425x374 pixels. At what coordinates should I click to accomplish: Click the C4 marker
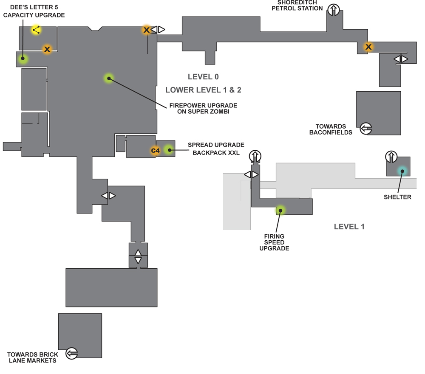tap(155, 151)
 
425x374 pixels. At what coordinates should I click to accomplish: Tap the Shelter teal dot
tap(402, 171)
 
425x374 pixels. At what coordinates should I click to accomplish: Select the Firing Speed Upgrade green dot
tap(280, 211)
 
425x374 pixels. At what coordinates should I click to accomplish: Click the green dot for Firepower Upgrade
tap(109, 78)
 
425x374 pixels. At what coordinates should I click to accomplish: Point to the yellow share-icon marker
tap(36, 30)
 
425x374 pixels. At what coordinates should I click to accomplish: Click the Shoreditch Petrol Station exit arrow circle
tap(333, 10)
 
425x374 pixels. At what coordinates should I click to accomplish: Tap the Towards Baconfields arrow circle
tap(366, 128)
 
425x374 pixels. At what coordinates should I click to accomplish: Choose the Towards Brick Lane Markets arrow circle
tap(71, 353)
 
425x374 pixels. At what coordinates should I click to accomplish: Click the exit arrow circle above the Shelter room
tap(391, 157)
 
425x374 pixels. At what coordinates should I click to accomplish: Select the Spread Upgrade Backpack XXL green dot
tap(169, 149)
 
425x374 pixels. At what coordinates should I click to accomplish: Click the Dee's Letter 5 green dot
tap(23, 58)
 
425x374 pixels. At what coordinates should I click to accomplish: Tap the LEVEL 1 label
tap(349, 227)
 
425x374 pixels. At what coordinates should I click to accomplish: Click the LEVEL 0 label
tap(203, 77)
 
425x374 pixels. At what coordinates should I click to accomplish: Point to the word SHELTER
tap(397, 197)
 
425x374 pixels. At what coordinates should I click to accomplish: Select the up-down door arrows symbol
tap(138, 256)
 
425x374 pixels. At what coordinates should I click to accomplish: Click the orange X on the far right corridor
tap(368, 47)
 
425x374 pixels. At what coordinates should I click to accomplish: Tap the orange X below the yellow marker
tap(47, 49)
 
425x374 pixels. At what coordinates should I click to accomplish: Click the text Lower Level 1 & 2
tap(203, 90)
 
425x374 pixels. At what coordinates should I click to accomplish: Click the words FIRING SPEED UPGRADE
tap(274, 242)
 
